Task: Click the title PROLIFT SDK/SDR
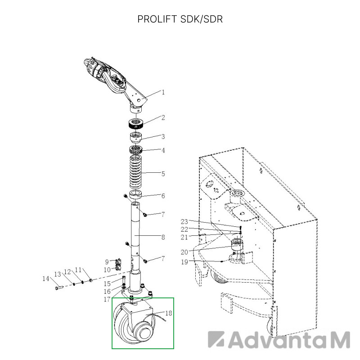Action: coord(180,19)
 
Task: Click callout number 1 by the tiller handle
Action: coord(163,92)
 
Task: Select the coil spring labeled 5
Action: coord(136,171)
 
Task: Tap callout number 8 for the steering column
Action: coord(163,237)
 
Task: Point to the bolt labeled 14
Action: coord(59,287)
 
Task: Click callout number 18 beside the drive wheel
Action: coord(168,313)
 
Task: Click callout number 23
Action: coord(184,221)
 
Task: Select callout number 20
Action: coord(184,252)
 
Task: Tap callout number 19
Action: coord(184,262)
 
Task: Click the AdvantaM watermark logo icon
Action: coord(216,340)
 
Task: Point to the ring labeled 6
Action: coord(136,194)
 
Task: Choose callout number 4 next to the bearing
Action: coord(163,150)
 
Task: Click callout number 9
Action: coord(107,262)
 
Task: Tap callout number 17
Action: coord(107,299)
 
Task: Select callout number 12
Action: coord(67,272)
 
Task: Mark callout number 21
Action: coord(184,237)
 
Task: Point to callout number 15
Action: coord(107,283)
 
